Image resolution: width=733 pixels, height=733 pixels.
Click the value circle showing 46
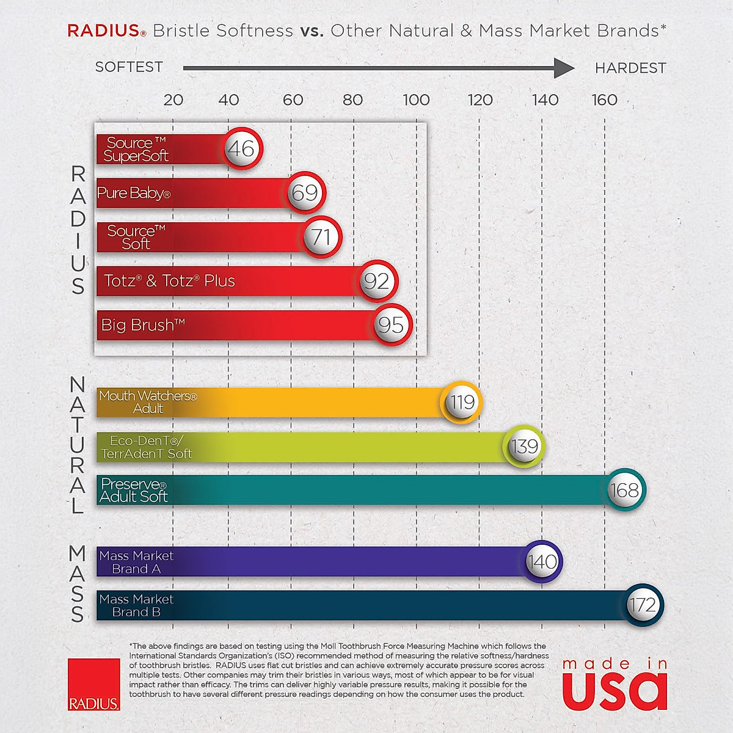pyautogui.click(x=242, y=148)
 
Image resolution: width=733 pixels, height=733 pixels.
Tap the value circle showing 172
pyautogui.click(x=643, y=605)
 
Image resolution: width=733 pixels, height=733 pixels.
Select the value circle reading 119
pyautogui.click(x=462, y=402)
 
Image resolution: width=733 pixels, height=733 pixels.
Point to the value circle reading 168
pyautogui.click(x=624, y=490)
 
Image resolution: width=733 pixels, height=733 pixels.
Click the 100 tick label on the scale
pyautogui.click(x=416, y=100)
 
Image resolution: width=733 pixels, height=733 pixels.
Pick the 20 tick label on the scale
pyautogui.click(x=173, y=100)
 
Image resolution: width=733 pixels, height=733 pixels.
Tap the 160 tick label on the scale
pyautogui.click(x=604, y=100)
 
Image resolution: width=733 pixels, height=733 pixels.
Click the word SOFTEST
pyautogui.click(x=129, y=67)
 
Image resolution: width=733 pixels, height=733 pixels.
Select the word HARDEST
pyautogui.click(x=630, y=68)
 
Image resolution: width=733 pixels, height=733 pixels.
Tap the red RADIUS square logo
pyautogui.click(x=94, y=684)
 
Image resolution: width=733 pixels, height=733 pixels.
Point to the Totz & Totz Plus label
pyautogui.click(x=169, y=281)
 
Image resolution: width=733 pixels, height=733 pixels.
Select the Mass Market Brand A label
pyautogui.click(x=136, y=562)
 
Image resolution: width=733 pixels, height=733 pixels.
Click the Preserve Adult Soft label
pyautogui.click(x=133, y=490)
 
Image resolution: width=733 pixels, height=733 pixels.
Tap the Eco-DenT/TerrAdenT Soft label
pyautogui.click(x=147, y=447)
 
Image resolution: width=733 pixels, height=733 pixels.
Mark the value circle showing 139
pyautogui.click(x=524, y=447)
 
